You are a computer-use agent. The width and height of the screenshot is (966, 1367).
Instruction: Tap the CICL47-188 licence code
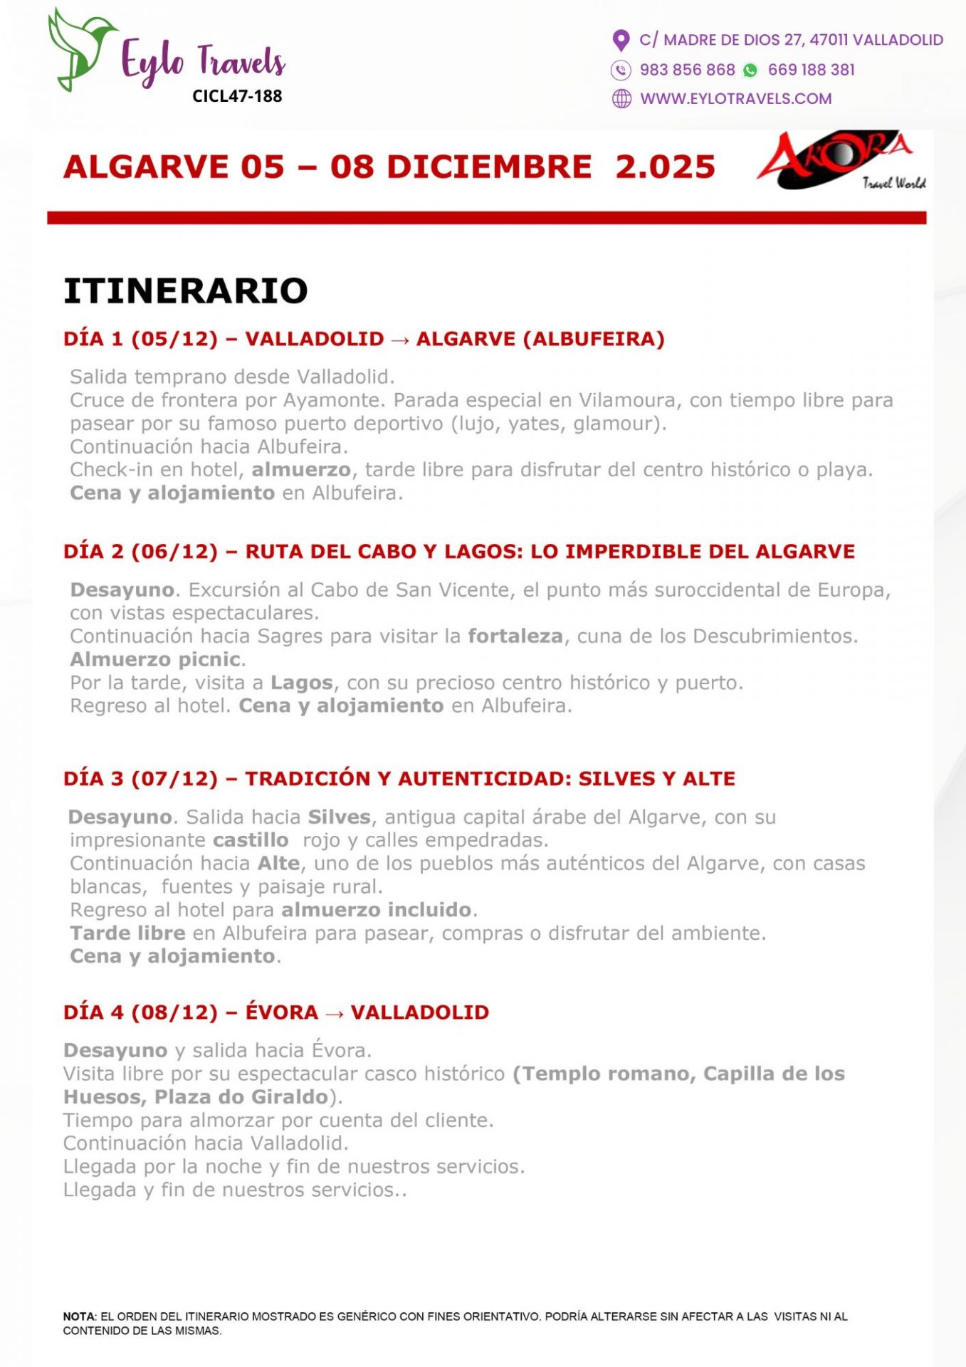click(x=237, y=96)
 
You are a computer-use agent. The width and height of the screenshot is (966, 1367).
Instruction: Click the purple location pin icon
click(x=621, y=41)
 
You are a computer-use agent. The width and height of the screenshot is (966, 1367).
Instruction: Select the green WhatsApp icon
click(x=750, y=70)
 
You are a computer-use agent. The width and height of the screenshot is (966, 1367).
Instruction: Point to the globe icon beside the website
click(x=621, y=99)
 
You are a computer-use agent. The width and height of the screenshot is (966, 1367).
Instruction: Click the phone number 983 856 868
click(x=687, y=70)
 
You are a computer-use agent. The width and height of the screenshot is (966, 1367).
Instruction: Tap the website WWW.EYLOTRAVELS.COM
click(x=735, y=99)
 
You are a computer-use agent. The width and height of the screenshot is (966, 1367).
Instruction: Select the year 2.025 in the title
click(x=665, y=167)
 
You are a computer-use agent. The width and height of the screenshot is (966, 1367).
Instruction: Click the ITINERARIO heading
click(x=186, y=291)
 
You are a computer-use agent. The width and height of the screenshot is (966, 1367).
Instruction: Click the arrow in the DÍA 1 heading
click(x=400, y=340)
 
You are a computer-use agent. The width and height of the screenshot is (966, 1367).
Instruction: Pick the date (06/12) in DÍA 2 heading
click(x=174, y=552)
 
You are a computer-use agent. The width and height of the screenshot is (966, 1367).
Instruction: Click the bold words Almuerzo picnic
click(x=155, y=659)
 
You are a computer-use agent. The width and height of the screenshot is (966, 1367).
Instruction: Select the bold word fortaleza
click(x=515, y=636)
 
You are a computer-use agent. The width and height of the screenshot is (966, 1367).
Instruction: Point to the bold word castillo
click(x=251, y=840)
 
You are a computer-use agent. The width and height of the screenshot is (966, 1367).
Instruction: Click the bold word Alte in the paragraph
click(x=278, y=864)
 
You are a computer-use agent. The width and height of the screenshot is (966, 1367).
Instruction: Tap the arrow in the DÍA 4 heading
click(x=335, y=1014)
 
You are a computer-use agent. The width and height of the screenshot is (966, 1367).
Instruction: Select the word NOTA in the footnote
click(x=79, y=1316)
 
